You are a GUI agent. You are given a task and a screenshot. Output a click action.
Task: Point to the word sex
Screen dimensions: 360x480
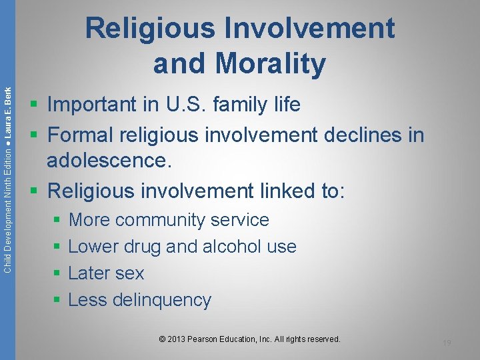pyautogui.click(x=130, y=273)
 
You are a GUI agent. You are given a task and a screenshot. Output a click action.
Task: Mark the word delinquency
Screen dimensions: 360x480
pyautogui.click(x=162, y=300)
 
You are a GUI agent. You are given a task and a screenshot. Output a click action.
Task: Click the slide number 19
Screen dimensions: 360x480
pyautogui.click(x=447, y=343)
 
